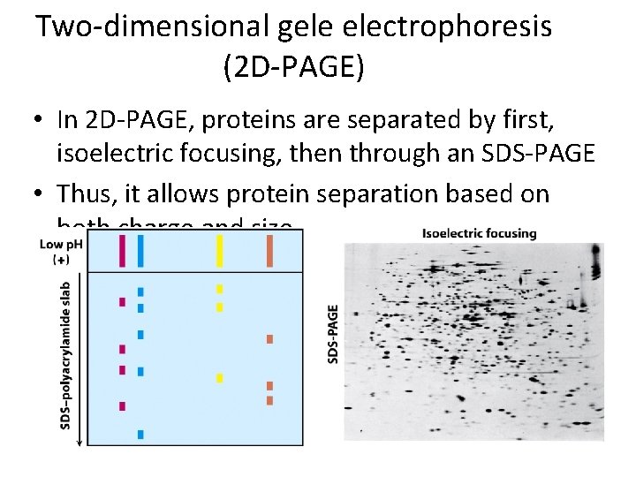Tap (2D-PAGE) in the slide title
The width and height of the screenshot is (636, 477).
[294, 67]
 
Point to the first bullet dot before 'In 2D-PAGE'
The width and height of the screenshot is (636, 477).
[42, 119]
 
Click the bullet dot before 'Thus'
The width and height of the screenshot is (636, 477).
[42, 193]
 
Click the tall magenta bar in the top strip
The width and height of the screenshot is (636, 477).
[122, 250]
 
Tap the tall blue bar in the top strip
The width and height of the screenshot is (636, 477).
[140, 250]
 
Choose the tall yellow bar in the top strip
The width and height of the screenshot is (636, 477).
[220, 250]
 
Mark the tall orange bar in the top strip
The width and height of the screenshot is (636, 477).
[269, 250]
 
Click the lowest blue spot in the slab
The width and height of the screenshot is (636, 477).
[140, 434]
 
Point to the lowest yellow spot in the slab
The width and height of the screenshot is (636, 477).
[220, 378]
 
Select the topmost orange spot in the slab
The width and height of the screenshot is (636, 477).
[269, 339]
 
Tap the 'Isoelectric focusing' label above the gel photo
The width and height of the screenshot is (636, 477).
[479, 234]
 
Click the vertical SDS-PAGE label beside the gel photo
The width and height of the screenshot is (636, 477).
[333, 334]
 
